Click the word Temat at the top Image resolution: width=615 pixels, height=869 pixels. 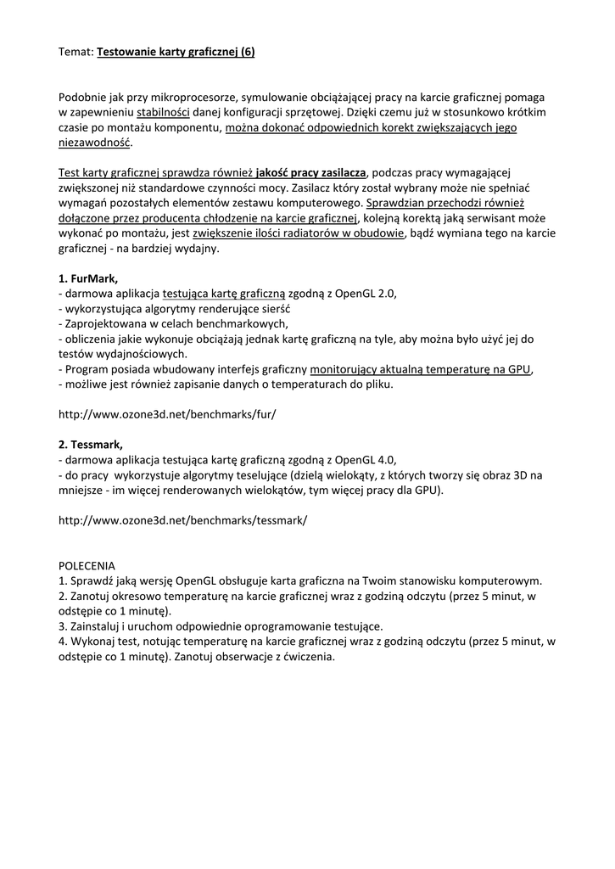(75, 52)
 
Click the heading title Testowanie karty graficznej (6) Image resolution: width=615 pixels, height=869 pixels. (176, 52)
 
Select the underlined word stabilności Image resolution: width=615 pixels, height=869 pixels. (163, 112)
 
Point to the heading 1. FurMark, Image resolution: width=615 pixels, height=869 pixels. (88, 278)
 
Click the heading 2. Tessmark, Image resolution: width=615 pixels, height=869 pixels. (91, 444)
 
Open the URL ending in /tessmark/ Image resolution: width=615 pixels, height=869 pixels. (182, 520)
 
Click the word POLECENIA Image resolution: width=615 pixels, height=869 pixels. (87, 565)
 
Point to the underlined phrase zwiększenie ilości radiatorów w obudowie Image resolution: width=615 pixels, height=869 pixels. (298, 235)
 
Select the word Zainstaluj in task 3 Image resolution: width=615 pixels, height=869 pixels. (96, 626)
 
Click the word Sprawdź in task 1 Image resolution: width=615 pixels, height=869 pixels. (91, 580)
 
